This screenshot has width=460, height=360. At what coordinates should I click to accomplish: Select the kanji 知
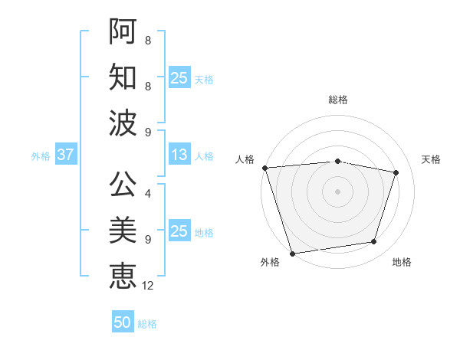tap(123, 77)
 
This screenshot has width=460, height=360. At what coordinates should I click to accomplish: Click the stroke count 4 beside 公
tap(147, 193)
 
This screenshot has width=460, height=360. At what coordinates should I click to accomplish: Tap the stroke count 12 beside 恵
tap(149, 285)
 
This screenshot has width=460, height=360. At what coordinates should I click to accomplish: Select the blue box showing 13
tap(179, 155)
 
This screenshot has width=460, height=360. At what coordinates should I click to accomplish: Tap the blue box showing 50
tap(123, 322)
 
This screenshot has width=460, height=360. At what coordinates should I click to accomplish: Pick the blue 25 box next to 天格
tap(179, 78)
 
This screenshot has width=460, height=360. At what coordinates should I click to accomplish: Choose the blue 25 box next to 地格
tap(179, 231)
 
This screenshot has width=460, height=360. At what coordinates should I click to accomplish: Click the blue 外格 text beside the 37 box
tap(41, 155)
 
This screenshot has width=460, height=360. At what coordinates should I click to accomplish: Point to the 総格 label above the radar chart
tap(337, 100)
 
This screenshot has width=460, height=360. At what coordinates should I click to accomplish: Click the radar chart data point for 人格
tap(264, 168)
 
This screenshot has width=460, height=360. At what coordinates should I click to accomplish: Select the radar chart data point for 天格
tap(396, 172)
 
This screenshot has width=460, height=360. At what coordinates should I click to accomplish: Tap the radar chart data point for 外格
tap(292, 253)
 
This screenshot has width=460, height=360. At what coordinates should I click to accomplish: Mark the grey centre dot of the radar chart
tap(337, 191)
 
